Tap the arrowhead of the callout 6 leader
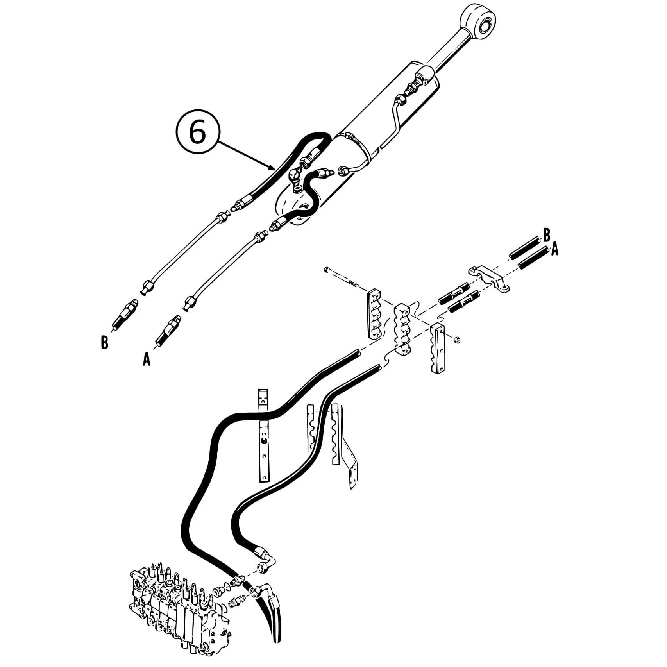click(272, 169)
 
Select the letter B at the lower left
click(104, 343)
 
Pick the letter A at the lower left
click(147, 359)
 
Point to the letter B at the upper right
click(546, 235)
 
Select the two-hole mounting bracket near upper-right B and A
click(488, 278)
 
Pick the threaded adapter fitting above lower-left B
click(125, 314)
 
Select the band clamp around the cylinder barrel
click(358, 147)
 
